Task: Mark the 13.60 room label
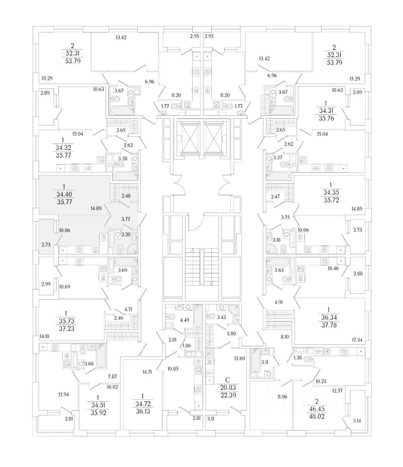click(239, 359)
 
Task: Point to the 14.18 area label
click(45, 336)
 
